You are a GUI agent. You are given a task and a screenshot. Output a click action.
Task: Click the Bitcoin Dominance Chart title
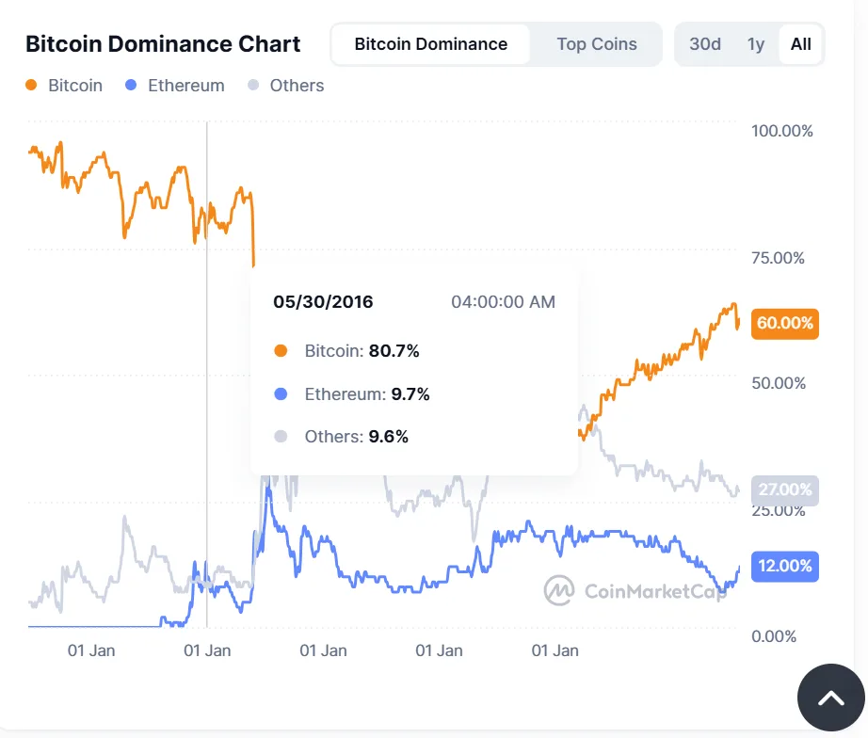click(x=163, y=44)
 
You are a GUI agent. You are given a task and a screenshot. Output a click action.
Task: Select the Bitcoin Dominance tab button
click(x=430, y=44)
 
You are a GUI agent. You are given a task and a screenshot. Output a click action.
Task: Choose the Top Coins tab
click(x=596, y=44)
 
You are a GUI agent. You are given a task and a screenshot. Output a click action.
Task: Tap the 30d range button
click(x=705, y=44)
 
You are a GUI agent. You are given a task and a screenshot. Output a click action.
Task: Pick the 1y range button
click(x=755, y=44)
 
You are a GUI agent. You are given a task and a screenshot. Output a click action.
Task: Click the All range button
click(x=801, y=44)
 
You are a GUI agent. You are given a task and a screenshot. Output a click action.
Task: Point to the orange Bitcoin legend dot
click(x=31, y=86)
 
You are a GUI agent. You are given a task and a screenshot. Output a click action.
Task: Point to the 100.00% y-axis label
click(x=781, y=131)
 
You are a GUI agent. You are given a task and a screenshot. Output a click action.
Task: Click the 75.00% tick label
click(x=779, y=257)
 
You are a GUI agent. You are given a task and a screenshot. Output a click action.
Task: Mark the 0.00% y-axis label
click(x=774, y=636)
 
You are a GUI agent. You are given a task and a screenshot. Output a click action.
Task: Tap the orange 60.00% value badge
click(x=784, y=323)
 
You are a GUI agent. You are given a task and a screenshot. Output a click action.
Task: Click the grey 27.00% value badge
click(x=784, y=489)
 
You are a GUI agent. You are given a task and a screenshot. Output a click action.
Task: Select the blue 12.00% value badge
click(x=784, y=566)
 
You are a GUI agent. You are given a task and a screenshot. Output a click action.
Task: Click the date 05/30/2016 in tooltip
click(x=323, y=302)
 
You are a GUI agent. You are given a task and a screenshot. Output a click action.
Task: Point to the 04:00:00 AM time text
click(x=503, y=302)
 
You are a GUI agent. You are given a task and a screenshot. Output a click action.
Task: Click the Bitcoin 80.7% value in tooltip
click(x=394, y=351)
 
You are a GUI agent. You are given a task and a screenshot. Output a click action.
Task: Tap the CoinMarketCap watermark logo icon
click(x=559, y=590)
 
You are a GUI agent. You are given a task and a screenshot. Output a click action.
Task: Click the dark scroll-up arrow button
click(x=830, y=698)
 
